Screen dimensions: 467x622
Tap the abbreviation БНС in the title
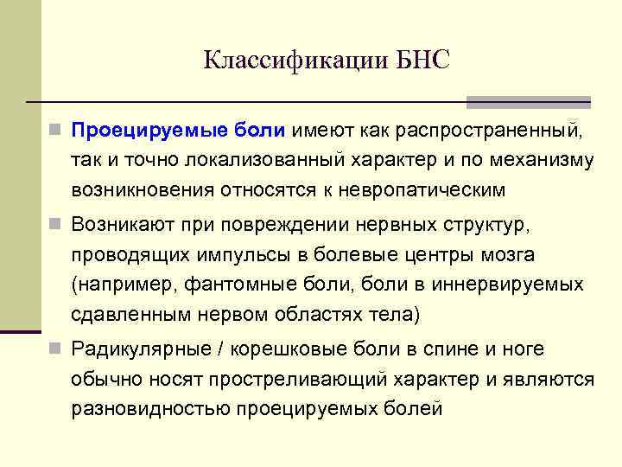423,61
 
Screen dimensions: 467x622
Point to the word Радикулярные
140,350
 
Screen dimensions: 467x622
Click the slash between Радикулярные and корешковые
222,350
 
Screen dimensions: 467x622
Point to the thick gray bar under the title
528,101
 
